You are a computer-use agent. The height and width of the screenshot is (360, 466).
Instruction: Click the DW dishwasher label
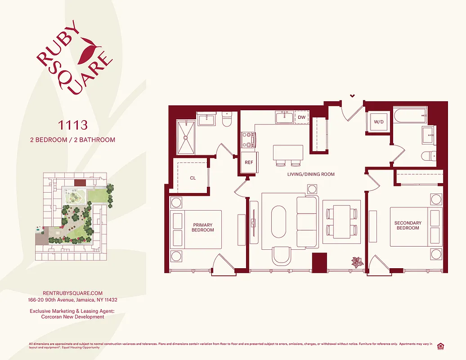click(301, 117)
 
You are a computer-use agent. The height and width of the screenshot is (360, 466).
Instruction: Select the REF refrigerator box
click(249, 162)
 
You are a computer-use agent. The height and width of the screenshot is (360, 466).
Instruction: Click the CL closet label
click(193, 178)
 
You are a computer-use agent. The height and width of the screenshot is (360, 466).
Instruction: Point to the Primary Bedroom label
click(203, 227)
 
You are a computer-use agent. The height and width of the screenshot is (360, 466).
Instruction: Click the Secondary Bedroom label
click(408, 225)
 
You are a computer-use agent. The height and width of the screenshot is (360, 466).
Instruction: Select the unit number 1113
click(72, 124)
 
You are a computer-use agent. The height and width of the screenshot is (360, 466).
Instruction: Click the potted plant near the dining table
click(358, 262)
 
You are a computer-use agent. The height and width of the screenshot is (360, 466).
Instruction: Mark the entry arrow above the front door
click(352, 95)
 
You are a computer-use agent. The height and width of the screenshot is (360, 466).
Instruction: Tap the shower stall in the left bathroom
click(185, 137)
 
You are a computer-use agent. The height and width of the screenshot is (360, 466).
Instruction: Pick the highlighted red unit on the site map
click(80, 183)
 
